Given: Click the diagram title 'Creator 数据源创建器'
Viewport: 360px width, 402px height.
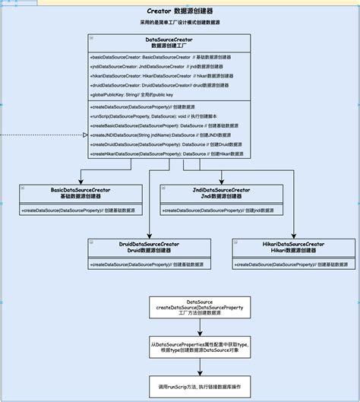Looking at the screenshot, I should (180, 12).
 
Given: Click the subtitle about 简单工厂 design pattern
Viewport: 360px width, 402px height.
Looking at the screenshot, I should (180, 24).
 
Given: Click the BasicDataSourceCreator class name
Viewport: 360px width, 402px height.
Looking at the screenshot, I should (81, 192).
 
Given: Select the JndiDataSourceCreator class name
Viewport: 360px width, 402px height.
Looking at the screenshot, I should (215, 192).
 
